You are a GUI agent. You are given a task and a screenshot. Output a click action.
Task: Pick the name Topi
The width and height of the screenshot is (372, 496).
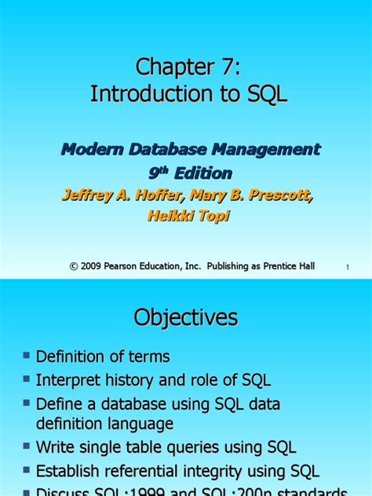pyautogui.click(x=214, y=215)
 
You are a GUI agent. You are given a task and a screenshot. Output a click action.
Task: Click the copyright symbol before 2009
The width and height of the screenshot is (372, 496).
pyautogui.click(x=75, y=267)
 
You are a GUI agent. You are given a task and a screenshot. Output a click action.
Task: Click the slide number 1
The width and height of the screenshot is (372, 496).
pyautogui.click(x=346, y=269)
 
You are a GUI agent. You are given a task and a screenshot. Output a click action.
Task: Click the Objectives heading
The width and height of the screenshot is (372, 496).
pyautogui.click(x=185, y=317)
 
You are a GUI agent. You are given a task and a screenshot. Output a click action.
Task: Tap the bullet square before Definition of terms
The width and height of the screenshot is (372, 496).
pyautogui.click(x=27, y=357)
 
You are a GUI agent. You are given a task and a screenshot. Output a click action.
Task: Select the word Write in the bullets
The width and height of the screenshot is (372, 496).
pyautogui.click(x=57, y=448)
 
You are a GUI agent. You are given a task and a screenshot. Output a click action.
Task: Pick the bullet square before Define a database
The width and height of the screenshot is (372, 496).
pyautogui.click(x=27, y=404)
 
